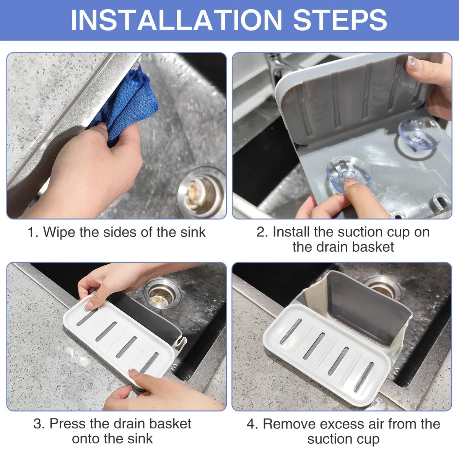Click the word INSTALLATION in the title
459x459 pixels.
pyautogui.click(x=176, y=20)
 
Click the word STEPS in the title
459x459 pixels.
pyautogui.click(x=340, y=20)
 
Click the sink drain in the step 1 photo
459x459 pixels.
pyautogui.click(x=202, y=192)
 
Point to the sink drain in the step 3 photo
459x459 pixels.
pyautogui.click(x=162, y=294)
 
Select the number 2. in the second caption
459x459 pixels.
pyautogui.click(x=262, y=232)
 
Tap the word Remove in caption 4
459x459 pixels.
pyautogui.click(x=289, y=424)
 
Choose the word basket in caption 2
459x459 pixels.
pyautogui.click(x=373, y=247)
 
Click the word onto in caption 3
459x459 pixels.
pyautogui.click(x=86, y=439)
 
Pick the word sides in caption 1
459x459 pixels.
pyautogui.click(x=120, y=232)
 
